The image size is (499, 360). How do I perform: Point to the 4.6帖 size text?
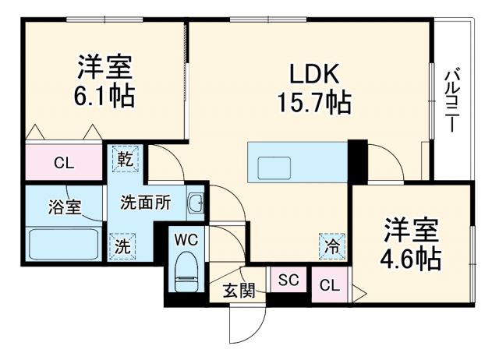coord(411,256)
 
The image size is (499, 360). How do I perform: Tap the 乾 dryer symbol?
coord(125,159)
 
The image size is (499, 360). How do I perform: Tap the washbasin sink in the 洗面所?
coord(196,203)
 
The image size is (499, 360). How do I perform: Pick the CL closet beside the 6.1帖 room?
coord(64,163)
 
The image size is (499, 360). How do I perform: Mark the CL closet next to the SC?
coord(330,286)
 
